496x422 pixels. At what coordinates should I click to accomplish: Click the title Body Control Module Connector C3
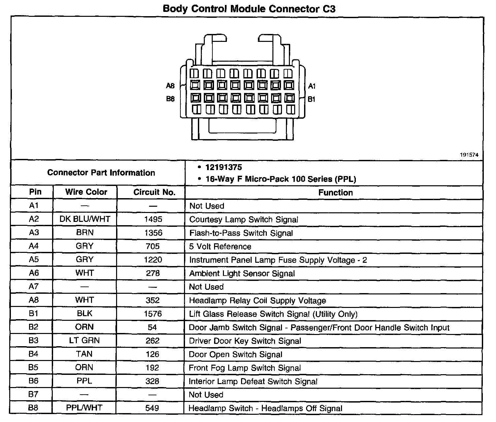pyautogui.click(x=249, y=9)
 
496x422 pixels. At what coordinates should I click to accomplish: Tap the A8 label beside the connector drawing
pyautogui.click(x=170, y=86)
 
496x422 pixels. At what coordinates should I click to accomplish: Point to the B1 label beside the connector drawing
pyautogui.click(x=311, y=99)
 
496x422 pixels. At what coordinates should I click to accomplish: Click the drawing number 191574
pyautogui.click(x=469, y=155)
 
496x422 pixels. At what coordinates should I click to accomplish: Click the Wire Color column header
pyautogui.click(x=86, y=192)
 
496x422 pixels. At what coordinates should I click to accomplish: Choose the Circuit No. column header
pyautogui.click(x=154, y=193)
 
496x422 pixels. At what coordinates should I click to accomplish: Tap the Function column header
pyautogui.click(x=335, y=193)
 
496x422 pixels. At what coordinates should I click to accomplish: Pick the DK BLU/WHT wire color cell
pyautogui.click(x=85, y=219)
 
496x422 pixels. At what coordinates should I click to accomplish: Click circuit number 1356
pyautogui.click(x=153, y=233)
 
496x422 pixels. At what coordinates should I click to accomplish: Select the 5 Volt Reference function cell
pyautogui.click(x=220, y=247)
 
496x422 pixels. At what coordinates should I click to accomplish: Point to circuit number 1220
pyautogui.click(x=153, y=260)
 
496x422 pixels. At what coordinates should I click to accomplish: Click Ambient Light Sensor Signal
pyautogui.click(x=242, y=274)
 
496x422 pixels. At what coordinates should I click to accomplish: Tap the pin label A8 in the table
pyautogui.click(x=34, y=300)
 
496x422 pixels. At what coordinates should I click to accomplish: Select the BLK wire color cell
pyautogui.click(x=85, y=314)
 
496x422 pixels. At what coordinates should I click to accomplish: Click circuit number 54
pyautogui.click(x=152, y=327)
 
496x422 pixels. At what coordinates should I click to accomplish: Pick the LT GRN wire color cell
pyautogui.click(x=84, y=341)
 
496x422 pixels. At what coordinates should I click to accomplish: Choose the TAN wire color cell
pyautogui.click(x=84, y=354)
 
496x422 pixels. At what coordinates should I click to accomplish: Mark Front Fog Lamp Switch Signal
pyautogui.click(x=245, y=368)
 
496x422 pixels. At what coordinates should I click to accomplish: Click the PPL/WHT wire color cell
pyautogui.click(x=84, y=408)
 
